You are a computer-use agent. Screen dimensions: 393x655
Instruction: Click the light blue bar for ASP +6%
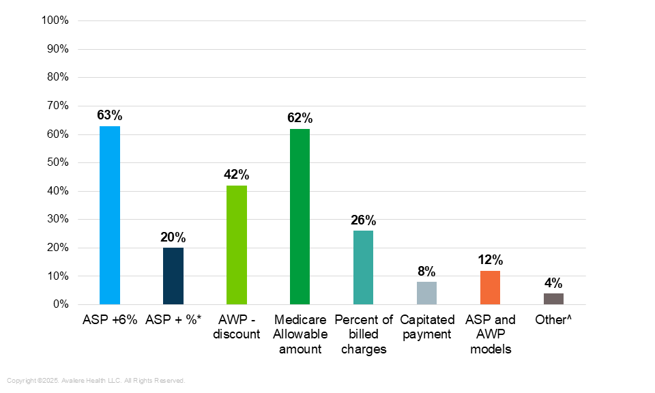point(110,215)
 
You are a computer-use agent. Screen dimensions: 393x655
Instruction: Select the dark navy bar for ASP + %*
point(173,276)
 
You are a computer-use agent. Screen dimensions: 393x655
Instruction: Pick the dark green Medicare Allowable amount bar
point(300,216)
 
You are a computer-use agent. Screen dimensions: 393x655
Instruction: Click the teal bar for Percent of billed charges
point(363,267)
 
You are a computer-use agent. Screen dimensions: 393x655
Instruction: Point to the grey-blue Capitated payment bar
point(426,293)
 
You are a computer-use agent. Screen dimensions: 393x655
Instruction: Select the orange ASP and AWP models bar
point(490,287)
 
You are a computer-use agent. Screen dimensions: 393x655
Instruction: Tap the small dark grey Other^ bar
point(553,299)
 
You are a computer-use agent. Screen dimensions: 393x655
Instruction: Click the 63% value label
point(110,115)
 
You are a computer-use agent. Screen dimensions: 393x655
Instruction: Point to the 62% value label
point(300,118)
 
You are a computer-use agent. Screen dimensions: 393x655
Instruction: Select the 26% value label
point(363,220)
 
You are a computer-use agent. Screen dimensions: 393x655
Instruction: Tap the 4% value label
point(553,283)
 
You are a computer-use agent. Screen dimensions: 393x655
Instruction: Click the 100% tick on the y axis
point(55,20)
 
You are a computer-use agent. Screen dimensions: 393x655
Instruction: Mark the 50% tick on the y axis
point(57,162)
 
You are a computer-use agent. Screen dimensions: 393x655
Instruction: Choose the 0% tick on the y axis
point(60,304)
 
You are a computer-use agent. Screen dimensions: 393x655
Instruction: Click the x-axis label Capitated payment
point(426,327)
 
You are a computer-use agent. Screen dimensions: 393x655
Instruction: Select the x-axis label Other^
point(553,319)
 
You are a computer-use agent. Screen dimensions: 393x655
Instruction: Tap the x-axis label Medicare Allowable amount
point(300,334)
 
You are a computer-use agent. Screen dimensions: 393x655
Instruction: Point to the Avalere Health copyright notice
point(96,380)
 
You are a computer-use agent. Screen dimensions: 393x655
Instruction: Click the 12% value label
point(490,260)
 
